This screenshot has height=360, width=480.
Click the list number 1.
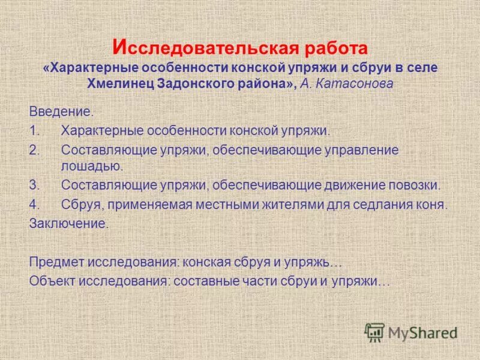tap(34, 131)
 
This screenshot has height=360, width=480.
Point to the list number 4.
tap(34, 204)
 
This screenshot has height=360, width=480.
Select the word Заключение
tap(68, 223)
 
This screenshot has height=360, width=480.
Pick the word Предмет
tap(57, 262)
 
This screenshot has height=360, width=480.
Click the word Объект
tap(53, 281)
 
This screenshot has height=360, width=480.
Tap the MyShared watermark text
tap(423, 332)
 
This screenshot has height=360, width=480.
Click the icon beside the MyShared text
tap(375, 332)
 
